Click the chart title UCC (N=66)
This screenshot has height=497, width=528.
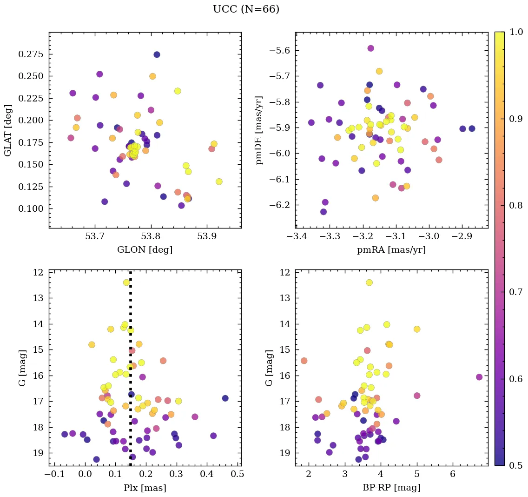[x=246, y=9]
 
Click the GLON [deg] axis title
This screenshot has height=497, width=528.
[x=145, y=250]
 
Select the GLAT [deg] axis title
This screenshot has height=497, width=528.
[x=7, y=130]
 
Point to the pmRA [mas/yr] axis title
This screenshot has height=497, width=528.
[x=391, y=250]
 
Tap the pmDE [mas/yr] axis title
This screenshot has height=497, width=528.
[x=259, y=130]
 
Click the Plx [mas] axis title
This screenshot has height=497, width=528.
[x=145, y=488]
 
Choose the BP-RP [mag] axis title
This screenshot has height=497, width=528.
[x=391, y=488]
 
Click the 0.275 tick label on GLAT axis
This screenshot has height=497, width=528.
[x=30, y=54]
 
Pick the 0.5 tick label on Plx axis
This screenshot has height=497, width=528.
[x=237, y=475]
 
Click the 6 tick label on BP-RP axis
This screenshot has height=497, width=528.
[x=453, y=475]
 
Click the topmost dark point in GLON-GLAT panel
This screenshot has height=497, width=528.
[x=157, y=54]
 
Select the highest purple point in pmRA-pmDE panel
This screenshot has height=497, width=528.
[x=370, y=48]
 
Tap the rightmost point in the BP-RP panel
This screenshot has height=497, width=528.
[x=479, y=377]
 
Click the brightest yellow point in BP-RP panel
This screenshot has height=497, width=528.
[x=369, y=282]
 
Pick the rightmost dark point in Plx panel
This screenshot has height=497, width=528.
[x=225, y=398]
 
